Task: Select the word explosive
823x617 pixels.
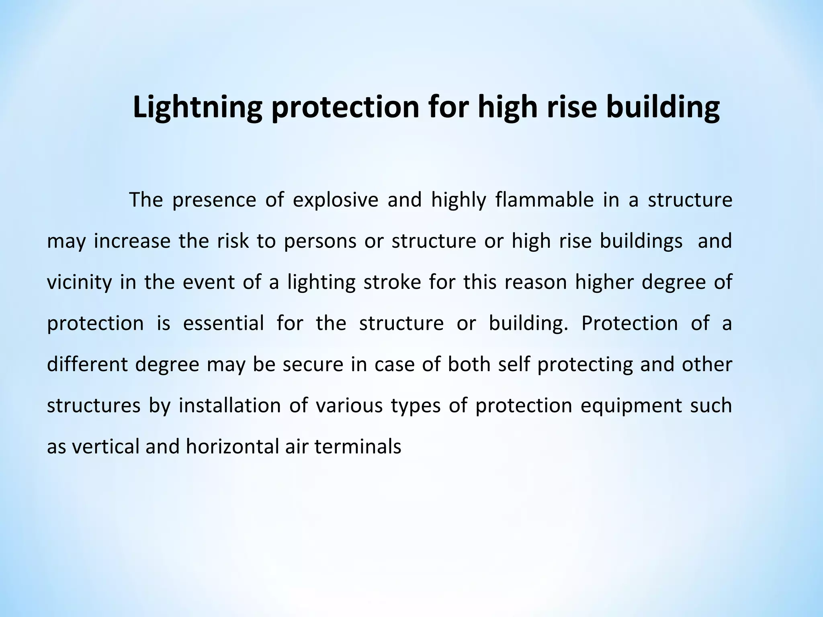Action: tap(336, 200)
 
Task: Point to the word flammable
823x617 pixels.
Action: tap(544, 200)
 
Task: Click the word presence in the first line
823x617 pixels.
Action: tap(214, 200)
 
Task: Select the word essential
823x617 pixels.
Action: tap(223, 323)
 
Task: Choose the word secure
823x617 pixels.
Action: tap(313, 364)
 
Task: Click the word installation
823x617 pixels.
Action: tap(229, 405)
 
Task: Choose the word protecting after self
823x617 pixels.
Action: tap(585, 364)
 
